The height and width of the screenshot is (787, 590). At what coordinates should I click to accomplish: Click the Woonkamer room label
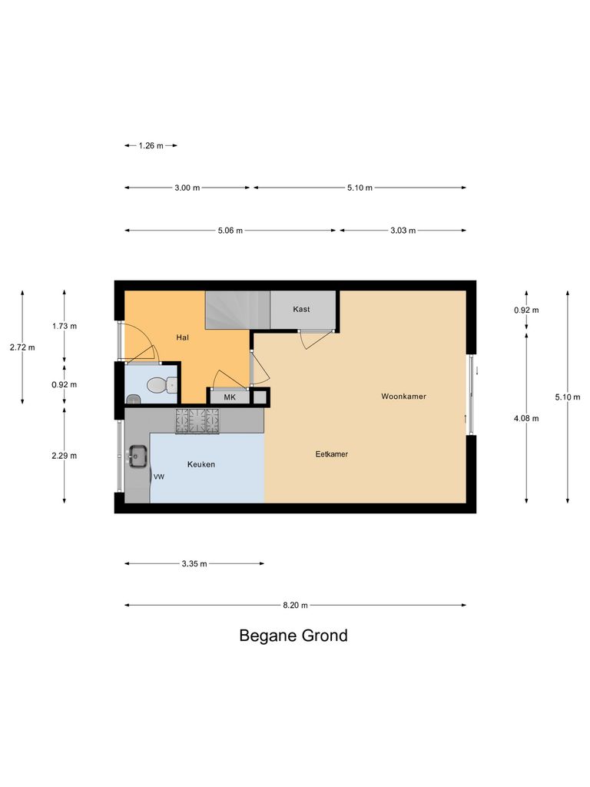(x=403, y=397)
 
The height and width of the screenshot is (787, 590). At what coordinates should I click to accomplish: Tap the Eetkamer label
(x=332, y=454)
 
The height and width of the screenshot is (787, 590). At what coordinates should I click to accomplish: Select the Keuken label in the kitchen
(x=201, y=464)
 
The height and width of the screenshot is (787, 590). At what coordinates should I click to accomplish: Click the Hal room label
(x=182, y=337)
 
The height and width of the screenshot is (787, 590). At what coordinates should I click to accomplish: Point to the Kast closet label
(x=301, y=309)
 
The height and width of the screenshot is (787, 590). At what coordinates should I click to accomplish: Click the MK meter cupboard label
(x=230, y=397)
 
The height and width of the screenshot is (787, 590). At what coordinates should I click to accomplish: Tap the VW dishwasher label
(x=159, y=477)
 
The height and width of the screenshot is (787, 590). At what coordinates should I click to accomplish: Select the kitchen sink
(x=138, y=456)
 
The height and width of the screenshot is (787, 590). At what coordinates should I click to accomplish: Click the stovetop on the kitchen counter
(x=198, y=420)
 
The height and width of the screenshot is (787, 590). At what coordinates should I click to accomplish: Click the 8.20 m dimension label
(x=295, y=606)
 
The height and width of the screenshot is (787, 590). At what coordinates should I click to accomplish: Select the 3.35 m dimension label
(x=194, y=564)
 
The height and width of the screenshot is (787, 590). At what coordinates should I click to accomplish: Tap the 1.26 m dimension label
(x=151, y=145)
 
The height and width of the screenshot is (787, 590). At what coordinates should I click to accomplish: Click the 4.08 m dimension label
(x=526, y=419)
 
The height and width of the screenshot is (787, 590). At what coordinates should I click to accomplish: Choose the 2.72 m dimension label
(x=22, y=347)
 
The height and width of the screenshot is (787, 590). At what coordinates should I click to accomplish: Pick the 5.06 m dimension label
(x=230, y=231)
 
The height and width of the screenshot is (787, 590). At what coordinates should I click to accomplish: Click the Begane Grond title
(x=293, y=636)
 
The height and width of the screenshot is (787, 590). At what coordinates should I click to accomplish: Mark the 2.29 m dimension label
(x=65, y=456)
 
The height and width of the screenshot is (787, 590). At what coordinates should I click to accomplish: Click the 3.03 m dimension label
(x=403, y=231)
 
